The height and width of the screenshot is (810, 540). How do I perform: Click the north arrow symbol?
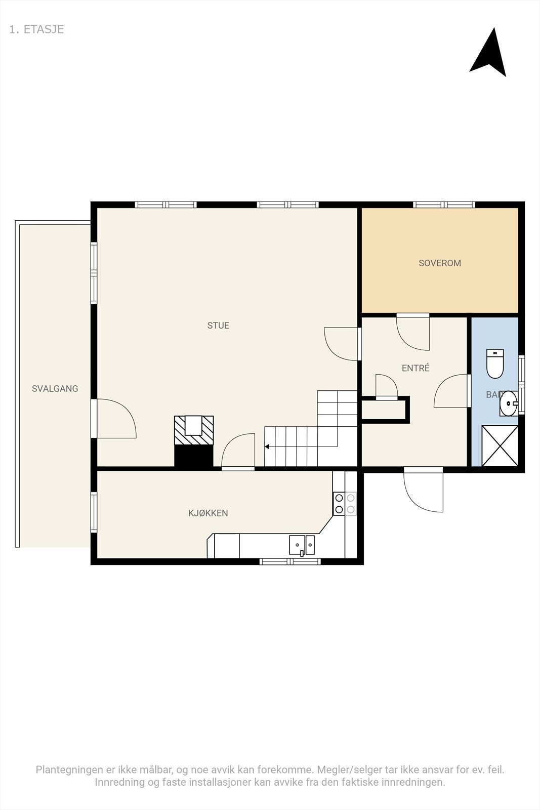[489, 54]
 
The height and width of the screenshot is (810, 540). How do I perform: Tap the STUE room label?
[218, 326]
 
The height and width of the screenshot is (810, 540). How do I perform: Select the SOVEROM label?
[439, 263]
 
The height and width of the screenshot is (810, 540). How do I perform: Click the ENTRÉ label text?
[416, 368]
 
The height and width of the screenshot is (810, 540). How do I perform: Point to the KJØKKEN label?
[208, 513]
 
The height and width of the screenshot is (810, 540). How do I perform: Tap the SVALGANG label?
[55, 389]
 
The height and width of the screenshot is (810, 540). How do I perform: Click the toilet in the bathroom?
[495, 363]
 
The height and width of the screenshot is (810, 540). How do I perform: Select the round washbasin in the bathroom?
[509, 403]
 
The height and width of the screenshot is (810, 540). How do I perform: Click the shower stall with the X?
[500, 446]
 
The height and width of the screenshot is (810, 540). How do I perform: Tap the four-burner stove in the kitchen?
[345, 504]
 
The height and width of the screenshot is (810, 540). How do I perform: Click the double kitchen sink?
[302, 545]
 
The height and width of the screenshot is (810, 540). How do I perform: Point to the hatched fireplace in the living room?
[194, 430]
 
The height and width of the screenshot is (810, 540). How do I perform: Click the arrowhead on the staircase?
[267, 447]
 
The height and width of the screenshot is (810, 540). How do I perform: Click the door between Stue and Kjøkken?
[238, 452]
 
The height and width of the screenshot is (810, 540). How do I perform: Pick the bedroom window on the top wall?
[444, 205]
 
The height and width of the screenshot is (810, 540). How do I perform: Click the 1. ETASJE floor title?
[36, 29]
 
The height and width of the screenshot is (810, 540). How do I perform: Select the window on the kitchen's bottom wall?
[290, 561]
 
